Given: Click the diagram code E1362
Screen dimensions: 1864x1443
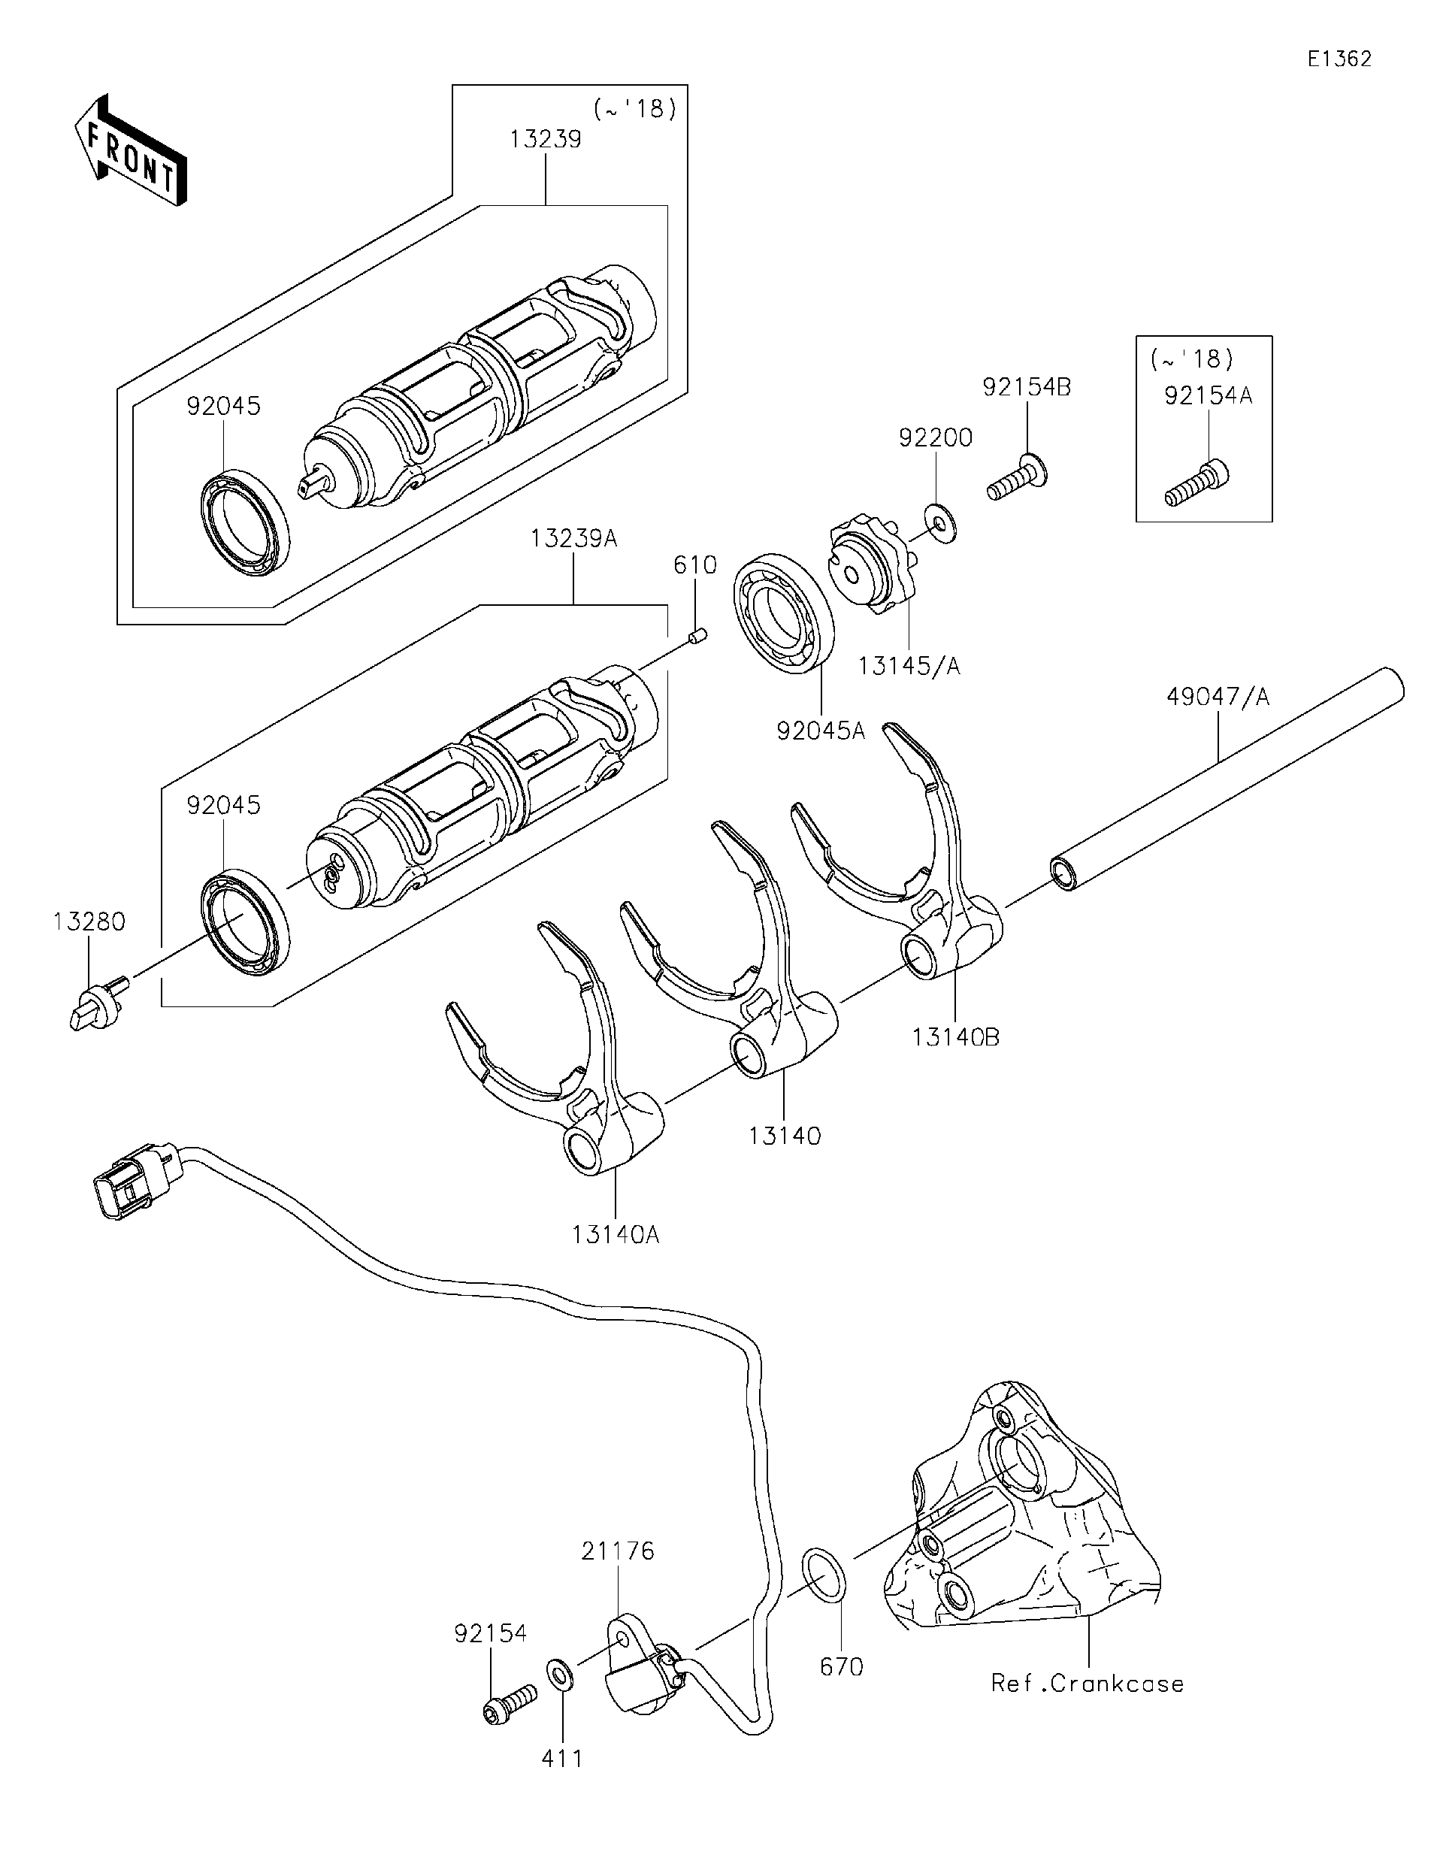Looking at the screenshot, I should point(1339,59).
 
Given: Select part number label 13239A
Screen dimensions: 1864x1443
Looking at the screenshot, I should point(573,539).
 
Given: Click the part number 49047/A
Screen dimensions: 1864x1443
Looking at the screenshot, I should point(1218,697).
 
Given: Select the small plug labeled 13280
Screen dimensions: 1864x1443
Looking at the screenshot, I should point(95,1005).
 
